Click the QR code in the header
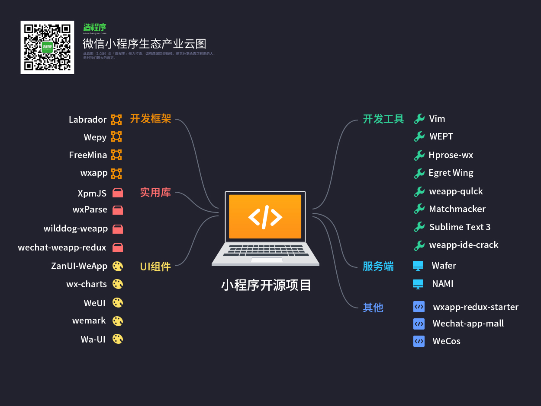pos(47,47)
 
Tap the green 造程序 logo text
pos(95,27)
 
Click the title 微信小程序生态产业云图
pos(145,44)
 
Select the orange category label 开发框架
pos(151,119)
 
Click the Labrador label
pos(88,120)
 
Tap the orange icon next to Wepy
pos(116,137)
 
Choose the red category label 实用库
pos(155,192)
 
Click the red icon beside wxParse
pos(117,210)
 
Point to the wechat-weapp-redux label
pos(62,247)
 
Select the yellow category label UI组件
pos(155,266)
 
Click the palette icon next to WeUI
pos(118,302)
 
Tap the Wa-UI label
pos(93,339)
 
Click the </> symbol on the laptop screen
pos(265,216)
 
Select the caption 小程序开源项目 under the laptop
pos(266,285)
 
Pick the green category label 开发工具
pos(383,119)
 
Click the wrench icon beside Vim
pos(419,119)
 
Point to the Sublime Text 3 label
pos(460,227)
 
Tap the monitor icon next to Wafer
pos(418,266)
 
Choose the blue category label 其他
pos(373,308)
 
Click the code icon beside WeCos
pos(419,341)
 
